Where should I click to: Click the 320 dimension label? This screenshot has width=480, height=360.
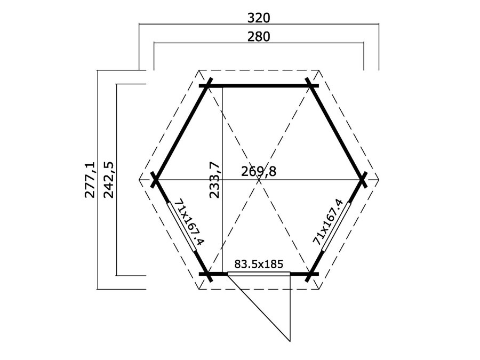click(259, 18)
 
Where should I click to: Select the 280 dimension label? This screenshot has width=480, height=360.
click(259, 37)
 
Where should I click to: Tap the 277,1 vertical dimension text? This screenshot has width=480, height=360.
click(90, 180)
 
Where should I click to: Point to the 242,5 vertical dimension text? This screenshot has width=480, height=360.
click(109, 180)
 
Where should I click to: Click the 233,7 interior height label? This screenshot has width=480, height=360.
click(214, 180)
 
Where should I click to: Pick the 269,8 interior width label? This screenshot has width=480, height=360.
click(259, 172)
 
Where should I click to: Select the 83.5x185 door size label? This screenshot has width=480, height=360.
click(259, 263)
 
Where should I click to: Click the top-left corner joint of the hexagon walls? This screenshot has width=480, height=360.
click(207, 86)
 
